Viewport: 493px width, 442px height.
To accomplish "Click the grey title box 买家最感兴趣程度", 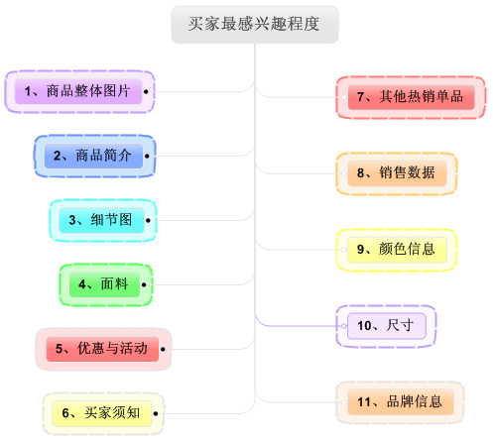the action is pos(255,25).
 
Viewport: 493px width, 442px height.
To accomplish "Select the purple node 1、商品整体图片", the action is pos(78,91).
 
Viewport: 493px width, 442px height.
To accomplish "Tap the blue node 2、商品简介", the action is pos(93,156).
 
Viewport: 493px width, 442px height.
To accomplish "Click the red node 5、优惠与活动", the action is pos(102,349).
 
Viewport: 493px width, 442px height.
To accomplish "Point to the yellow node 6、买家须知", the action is pos(102,413).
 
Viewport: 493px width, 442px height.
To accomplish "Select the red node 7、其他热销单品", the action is pos(411,97).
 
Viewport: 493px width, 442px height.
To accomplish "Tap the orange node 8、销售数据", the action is pos(397,173).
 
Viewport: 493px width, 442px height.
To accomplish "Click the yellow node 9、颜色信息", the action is pos(397,250).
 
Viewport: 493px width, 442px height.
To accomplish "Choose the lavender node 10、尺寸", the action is pos(387,326).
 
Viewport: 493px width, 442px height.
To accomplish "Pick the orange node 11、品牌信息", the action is pos(401,402).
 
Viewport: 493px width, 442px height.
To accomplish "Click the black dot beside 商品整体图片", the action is pos(146,91).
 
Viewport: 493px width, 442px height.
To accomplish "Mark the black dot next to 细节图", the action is pos(148,220).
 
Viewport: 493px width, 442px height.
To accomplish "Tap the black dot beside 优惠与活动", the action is pos(163,349).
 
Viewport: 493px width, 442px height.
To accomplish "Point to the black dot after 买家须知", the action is pos(156,413).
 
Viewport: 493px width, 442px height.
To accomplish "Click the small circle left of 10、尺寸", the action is pos(344,326).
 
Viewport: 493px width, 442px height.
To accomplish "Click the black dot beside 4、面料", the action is pos(144,284).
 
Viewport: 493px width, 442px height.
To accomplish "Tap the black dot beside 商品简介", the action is pos(147,156).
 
